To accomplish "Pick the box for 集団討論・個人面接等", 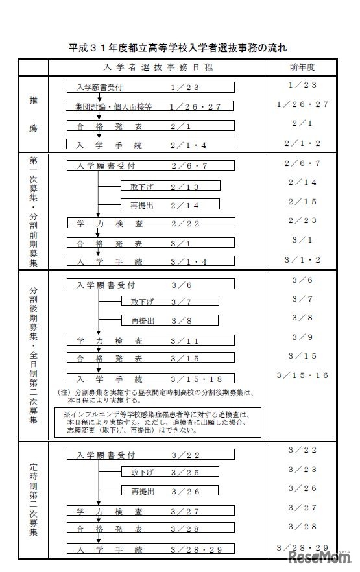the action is click(154, 106).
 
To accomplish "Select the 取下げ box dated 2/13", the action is click(170, 187).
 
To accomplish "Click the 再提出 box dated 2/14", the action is click(170, 206).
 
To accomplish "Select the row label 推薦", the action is click(33, 113).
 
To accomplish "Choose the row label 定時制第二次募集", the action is click(33, 499).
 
